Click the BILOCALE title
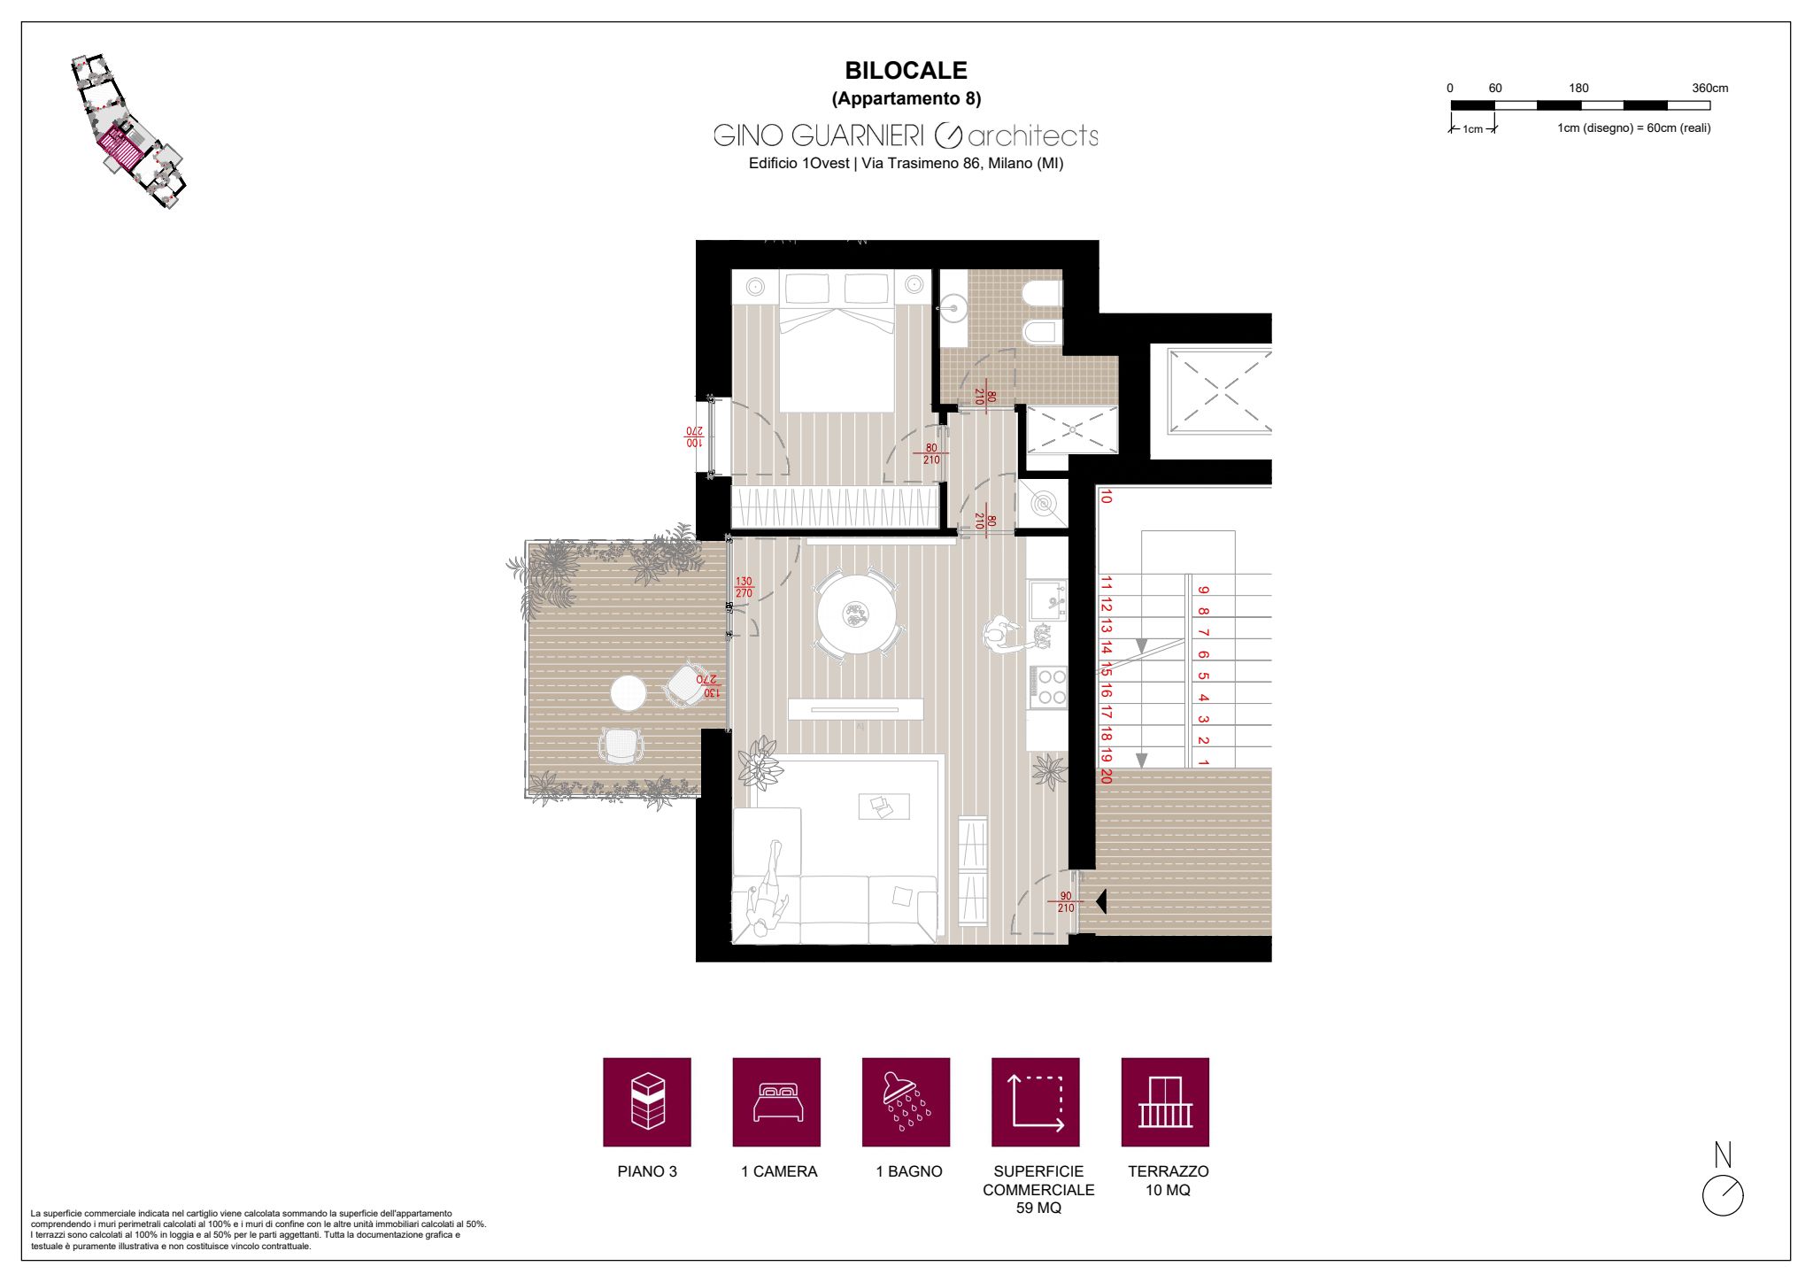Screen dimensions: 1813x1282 [x=906, y=70]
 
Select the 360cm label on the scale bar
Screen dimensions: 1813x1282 [x=1709, y=89]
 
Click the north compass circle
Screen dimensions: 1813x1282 [x=1723, y=1196]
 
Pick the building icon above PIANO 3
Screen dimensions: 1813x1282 [x=647, y=1101]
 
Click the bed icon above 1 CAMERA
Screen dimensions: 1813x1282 [x=776, y=1102]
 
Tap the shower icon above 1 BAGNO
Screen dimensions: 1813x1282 [x=905, y=1101]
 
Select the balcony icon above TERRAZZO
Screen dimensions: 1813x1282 [x=1165, y=1102]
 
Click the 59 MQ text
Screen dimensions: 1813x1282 [x=1038, y=1209]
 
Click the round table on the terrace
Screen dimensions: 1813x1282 [x=628, y=693]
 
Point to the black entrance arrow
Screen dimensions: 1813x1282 [x=1100, y=902]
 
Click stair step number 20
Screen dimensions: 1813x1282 [x=1106, y=776]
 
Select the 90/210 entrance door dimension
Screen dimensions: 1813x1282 [x=1066, y=902]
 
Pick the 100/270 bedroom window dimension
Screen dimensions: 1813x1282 [x=693, y=436]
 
